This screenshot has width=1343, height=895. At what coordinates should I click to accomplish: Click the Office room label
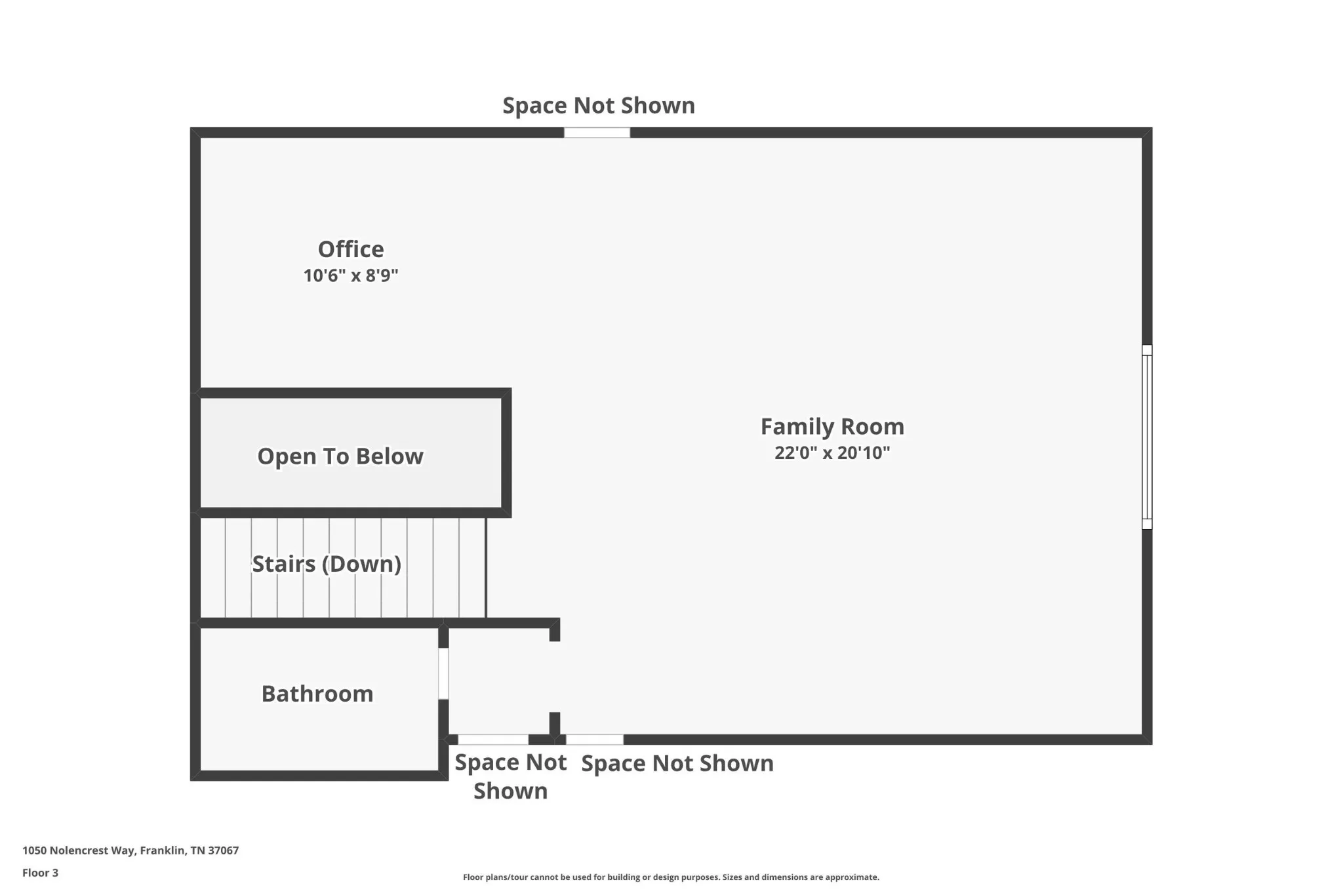351,249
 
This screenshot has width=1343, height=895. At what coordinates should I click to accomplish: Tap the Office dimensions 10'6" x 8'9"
351,275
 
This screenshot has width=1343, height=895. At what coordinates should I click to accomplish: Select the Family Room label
832,427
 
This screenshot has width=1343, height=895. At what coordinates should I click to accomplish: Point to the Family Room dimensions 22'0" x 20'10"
832,453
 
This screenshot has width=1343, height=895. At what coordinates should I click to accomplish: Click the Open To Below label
340,456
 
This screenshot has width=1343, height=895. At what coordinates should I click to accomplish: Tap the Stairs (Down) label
326,564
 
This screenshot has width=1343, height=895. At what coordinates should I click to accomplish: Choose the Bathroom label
317,694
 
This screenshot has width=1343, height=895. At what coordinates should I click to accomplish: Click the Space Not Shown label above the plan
598,106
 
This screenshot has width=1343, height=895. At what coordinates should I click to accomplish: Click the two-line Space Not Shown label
510,776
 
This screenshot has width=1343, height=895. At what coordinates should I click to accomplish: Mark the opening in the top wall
597,132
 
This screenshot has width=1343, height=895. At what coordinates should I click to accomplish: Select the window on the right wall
1146,437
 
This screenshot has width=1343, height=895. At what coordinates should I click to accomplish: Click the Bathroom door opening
443,673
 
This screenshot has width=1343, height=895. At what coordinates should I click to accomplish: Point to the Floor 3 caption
40,873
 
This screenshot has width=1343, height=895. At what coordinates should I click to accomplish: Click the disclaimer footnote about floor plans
671,877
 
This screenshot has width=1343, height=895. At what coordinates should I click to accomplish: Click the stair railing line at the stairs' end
486,567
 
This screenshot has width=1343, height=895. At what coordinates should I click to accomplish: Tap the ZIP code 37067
223,850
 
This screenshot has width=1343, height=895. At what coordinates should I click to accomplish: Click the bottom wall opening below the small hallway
493,740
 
